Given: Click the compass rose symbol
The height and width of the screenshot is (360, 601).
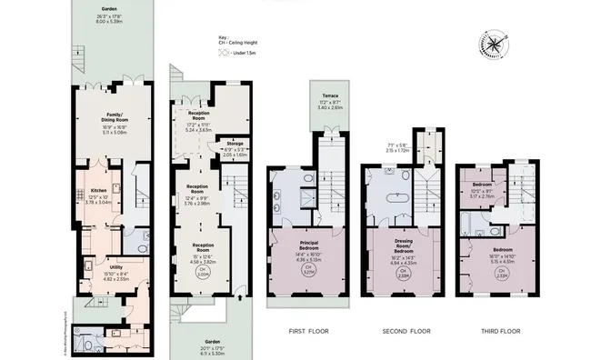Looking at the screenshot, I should pos(491,45).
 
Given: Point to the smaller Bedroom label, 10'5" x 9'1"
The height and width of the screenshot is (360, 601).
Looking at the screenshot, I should pos(482,190).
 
